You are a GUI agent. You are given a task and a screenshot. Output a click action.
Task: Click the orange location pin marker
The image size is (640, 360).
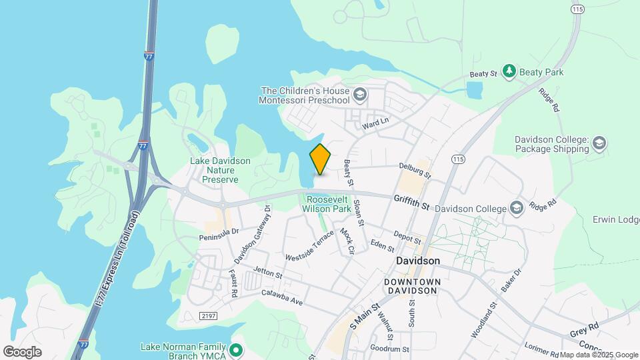coord(320,159)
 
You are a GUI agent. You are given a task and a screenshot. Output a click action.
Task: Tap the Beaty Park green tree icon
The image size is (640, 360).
coord(509,71)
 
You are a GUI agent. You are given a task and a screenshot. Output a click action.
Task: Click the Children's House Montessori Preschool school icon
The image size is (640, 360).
coord(360,95)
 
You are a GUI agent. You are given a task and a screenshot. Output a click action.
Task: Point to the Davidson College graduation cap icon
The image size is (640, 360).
coord(516,208)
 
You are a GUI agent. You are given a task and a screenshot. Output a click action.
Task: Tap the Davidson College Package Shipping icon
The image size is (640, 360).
coord(599,143)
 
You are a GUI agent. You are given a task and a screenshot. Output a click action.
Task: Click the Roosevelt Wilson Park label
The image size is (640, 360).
coord(327,204)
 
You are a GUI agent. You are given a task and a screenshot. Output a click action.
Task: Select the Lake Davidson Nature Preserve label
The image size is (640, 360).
coord(220,170)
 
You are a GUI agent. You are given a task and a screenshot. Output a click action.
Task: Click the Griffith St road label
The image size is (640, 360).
coord(411,201)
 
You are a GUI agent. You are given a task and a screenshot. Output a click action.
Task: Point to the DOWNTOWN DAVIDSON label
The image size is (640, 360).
coord(413,287)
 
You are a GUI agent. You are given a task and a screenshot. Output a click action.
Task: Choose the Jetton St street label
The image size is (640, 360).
coord(268,273)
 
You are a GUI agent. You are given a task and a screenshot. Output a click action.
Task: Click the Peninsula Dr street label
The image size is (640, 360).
coord(218,234)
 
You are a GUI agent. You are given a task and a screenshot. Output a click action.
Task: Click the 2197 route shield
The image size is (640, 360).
coord(208,315)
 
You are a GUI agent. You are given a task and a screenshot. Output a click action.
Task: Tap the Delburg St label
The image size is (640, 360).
coord(415,171)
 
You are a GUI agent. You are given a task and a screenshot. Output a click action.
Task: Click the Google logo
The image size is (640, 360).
coord(22,351)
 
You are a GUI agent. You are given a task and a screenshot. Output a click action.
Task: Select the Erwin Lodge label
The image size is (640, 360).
coord(616,219)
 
